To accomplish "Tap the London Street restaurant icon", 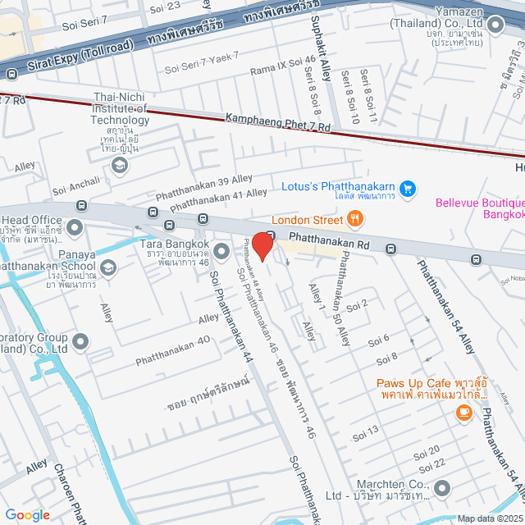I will pyautogui.click(x=354, y=218).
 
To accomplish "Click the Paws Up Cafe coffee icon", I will pyautogui.click(x=464, y=413).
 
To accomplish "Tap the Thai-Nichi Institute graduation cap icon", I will pyautogui.click(x=120, y=167).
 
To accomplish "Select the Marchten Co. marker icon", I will pyautogui.click(x=442, y=490).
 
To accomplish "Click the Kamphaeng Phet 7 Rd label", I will pyautogui.click(x=277, y=123).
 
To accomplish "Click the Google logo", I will pyautogui.click(x=27, y=514).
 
